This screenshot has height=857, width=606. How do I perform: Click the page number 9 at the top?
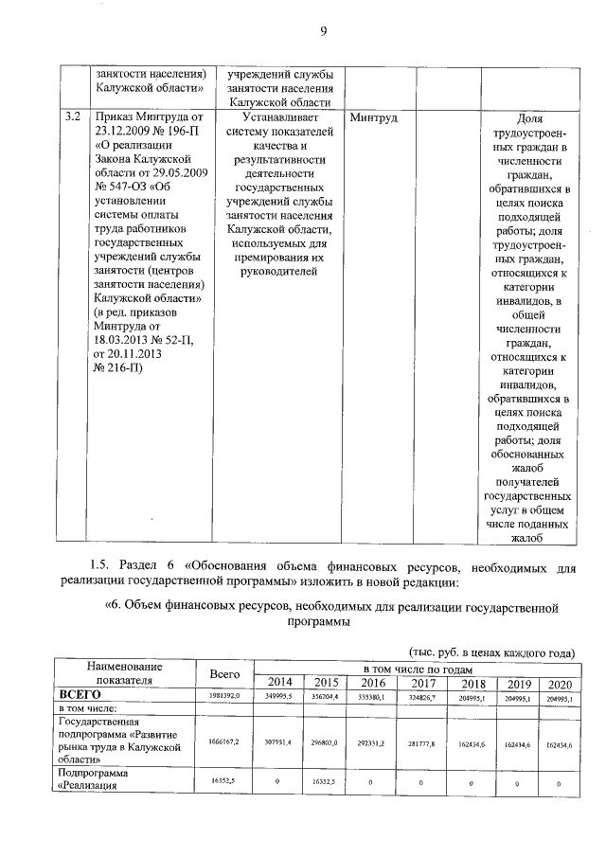click(x=322, y=32)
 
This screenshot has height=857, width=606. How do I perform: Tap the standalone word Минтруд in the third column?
click(x=373, y=118)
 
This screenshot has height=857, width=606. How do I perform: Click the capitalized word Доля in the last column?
click(x=531, y=118)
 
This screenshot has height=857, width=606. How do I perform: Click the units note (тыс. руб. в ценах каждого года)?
click(x=491, y=653)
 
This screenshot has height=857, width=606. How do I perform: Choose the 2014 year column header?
click(x=279, y=683)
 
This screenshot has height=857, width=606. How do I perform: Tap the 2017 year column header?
click(x=423, y=683)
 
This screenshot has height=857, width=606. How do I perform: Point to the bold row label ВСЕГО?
click(x=80, y=696)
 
